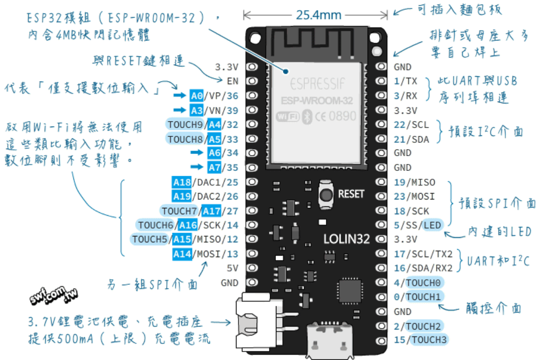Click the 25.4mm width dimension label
tap(318, 15)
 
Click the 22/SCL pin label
tap(411, 125)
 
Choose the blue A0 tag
tap(197, 96)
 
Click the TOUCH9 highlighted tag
tap(185, 125)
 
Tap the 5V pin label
tap(232, 268)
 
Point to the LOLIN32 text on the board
tap(346, 239)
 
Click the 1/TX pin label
tap(405, 81)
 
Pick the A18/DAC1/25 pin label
tap(205, 182)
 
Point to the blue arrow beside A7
tap(197, 167)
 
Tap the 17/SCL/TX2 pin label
tap(423, 254)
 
